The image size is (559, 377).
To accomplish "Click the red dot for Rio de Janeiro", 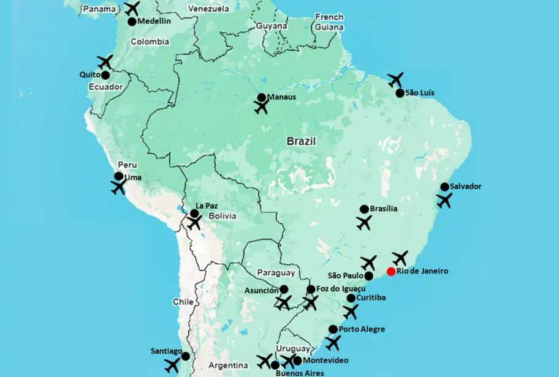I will point(391,272).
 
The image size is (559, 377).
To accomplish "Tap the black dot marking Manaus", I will point(262,97).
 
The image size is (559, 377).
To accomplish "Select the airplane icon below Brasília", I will point(364,223).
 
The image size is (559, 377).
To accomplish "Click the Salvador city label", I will point(465,186).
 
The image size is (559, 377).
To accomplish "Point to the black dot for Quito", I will point(105,75).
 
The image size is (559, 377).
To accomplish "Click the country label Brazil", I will point(301,141).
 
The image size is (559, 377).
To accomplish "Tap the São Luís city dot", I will point(400,93).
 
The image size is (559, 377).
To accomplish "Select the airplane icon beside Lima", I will point(118,187).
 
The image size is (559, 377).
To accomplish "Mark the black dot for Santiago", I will point(185,356).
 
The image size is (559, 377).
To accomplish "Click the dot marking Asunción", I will point(284,289).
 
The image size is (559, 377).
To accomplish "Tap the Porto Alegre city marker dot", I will point(333,329).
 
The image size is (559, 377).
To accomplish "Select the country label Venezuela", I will point(208,9).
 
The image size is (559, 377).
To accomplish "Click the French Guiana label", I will point(329,21).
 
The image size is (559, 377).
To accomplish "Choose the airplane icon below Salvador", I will point(444,200).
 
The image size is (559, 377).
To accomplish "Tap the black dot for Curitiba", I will point(351,298).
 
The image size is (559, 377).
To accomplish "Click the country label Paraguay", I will point(275,273).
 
